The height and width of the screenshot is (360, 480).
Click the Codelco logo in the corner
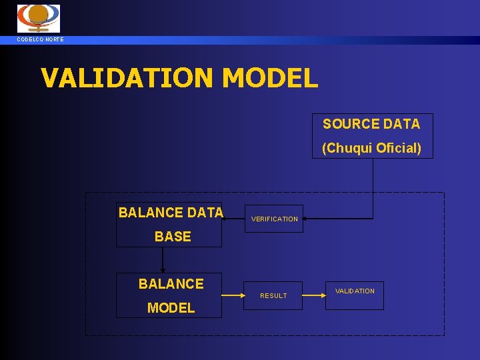point(38,18)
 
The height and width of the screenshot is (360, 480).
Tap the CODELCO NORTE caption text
point(41,40)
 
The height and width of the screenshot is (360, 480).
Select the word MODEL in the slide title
point(270,78)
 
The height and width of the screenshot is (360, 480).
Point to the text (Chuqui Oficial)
point(371,148)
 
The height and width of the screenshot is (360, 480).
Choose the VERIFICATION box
point(275,219)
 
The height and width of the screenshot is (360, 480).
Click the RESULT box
point(273,295)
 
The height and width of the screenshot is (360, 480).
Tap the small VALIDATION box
point(355,291)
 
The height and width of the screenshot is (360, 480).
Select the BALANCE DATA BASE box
point(169,225)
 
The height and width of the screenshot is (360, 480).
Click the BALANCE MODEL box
point(169,295)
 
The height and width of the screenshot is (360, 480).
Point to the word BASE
point(173,237)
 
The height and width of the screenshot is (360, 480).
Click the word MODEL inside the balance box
point(171,308)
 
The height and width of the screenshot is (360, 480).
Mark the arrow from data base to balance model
point(163,260)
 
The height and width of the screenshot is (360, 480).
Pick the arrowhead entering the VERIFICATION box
point(306,218)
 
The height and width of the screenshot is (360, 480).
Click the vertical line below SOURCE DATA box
point(373,187)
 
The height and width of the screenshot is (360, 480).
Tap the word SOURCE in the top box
point(346,124)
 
